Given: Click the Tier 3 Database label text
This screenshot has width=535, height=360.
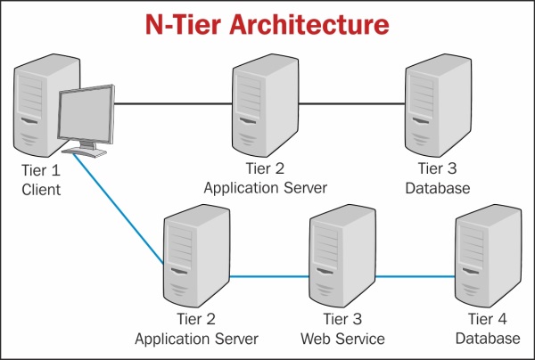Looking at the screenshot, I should [x=437, y=180].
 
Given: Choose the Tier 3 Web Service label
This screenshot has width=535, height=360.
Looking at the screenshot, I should [x=342, y=331].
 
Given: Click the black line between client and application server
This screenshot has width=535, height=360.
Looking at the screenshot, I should [x=174, y=104].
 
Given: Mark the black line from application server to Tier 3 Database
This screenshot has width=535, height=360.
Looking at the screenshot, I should [x=352, y=104].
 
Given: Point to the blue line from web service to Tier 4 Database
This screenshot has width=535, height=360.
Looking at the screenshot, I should [x=415, y=276].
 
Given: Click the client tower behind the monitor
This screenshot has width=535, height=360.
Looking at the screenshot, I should [x=34, y=98].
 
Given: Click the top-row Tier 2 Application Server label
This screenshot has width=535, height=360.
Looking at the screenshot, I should [x=265, y=180].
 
